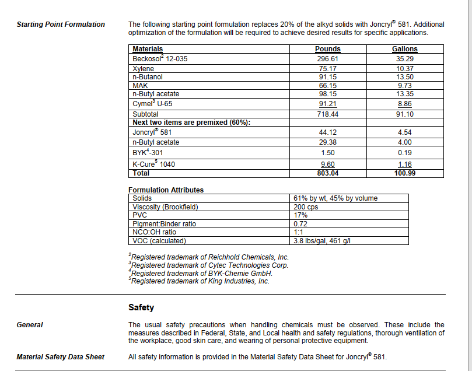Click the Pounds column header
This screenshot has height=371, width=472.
tap(327, 49)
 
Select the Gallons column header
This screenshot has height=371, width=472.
tap(404, 49)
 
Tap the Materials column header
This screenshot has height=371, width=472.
tap(148, 49)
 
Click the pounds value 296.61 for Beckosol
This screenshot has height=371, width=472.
tap(327, 59)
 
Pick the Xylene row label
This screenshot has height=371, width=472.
tap(144, 69)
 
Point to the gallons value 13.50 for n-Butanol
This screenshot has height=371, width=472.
tap(404, 77)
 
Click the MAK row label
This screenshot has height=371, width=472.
tap(140, 85)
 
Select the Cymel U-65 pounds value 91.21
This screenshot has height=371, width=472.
tap(327, 104)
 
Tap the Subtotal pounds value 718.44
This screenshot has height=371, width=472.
tap(327, 114)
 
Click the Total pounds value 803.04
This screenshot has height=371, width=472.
tap(327, 173)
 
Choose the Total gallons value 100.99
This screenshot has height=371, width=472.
tap(404, 173)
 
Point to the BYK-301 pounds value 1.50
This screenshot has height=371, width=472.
tap(327, 153)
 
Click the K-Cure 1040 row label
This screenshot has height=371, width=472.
tap(153, 164)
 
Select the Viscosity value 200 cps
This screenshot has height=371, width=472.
tap(306, 207)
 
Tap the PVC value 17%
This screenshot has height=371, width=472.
tap(300, 215)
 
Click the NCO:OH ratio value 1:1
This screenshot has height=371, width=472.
tap(298, 232)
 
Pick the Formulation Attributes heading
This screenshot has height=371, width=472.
tap(166, 190)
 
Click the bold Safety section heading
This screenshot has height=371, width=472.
tap(141, 307)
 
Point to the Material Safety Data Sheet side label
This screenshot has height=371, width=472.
tap(60, 356)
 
